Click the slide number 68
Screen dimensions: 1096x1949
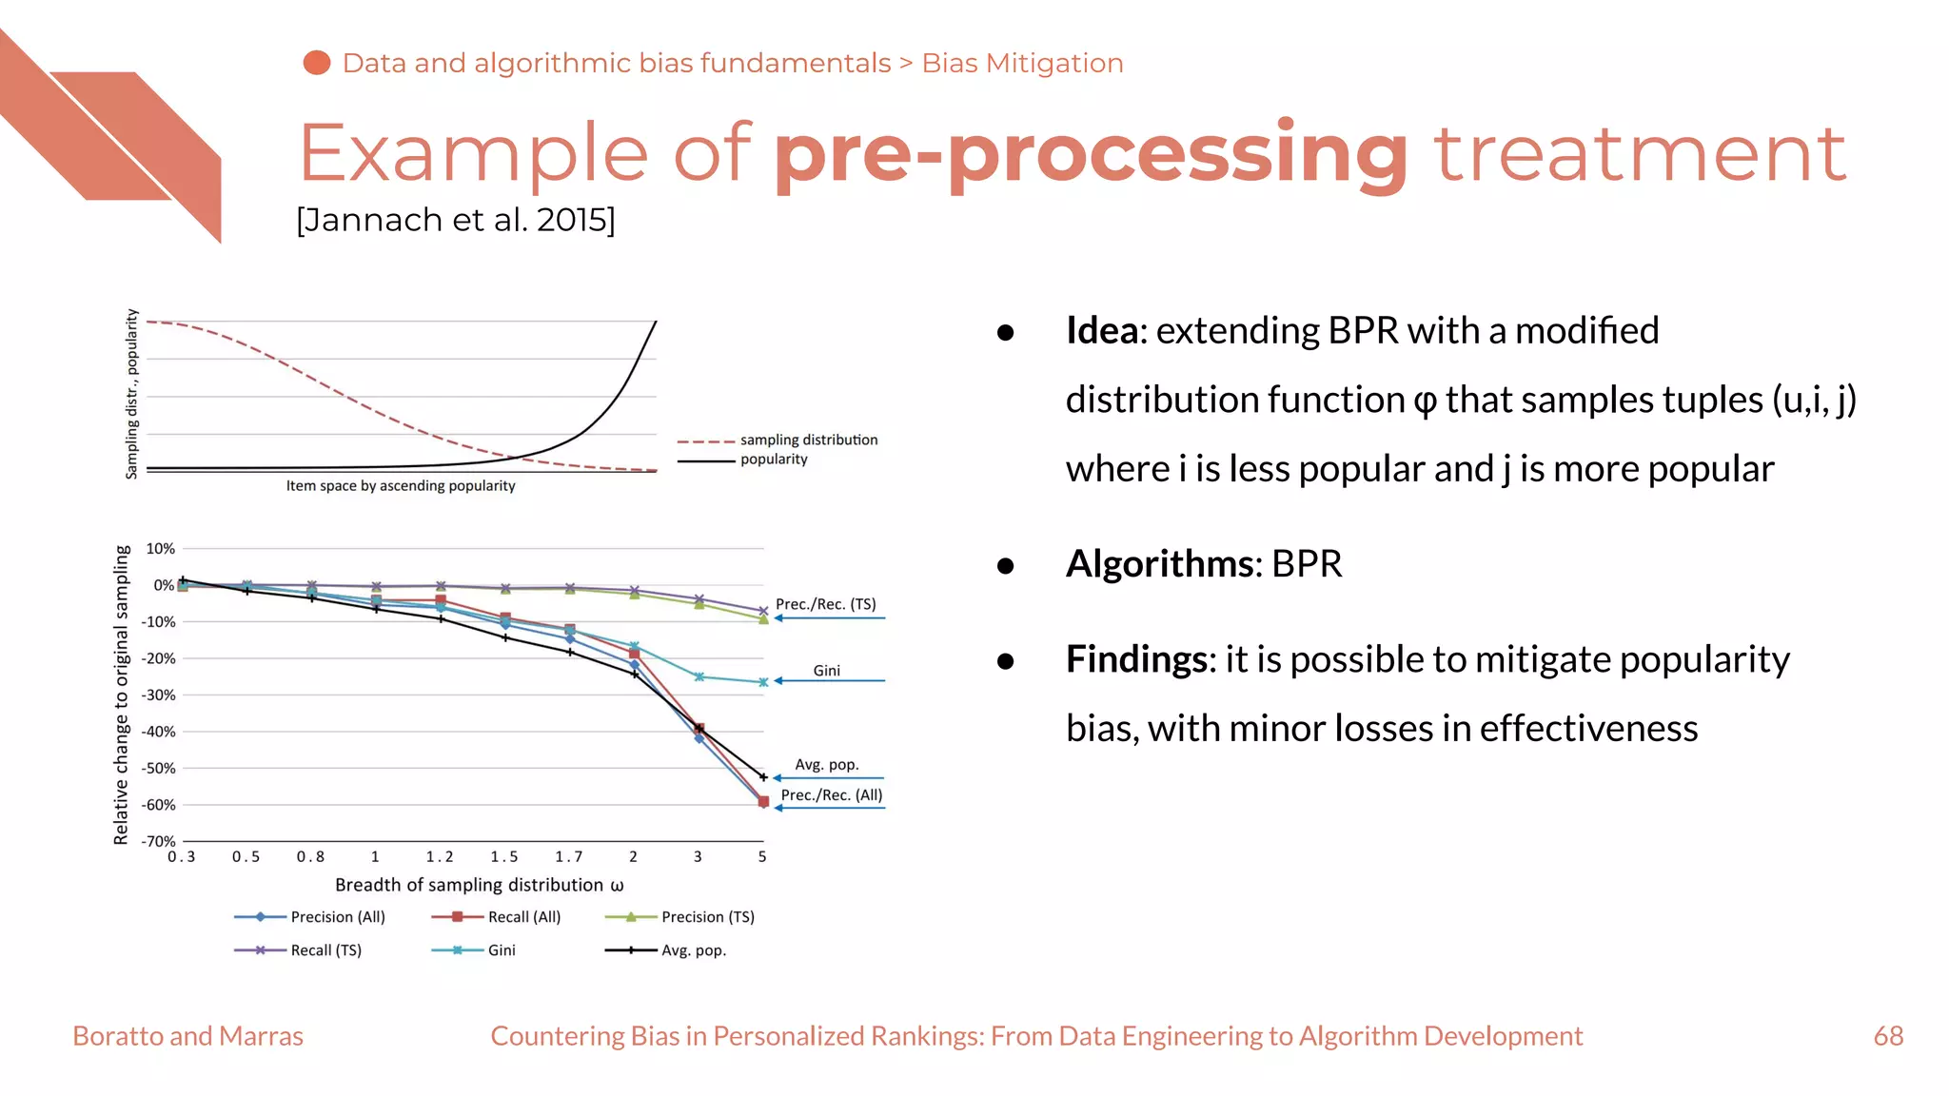[1888, 1036]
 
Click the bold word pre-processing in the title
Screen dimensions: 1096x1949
[1091, 154]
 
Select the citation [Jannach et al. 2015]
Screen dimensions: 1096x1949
[455, 220]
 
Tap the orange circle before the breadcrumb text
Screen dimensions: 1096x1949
[317, 63]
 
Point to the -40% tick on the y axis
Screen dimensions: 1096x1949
[159, 732]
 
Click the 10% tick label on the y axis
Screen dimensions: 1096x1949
[161, 549]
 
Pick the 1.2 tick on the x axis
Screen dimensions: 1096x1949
[440, 857]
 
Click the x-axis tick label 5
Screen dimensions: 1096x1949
[762, 857]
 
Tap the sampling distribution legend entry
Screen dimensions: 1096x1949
[808, 440]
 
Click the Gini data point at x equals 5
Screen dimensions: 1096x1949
[763, 682]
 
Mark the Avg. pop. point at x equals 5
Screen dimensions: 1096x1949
[763, 777]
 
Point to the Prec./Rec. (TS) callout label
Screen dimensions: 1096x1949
[826, 604]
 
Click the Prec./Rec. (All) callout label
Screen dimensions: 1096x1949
[831, 795]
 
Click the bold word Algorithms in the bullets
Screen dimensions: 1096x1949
[1160, 564]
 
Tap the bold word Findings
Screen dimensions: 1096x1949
[1136, 659]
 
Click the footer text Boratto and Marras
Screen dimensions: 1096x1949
[187, 1036]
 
